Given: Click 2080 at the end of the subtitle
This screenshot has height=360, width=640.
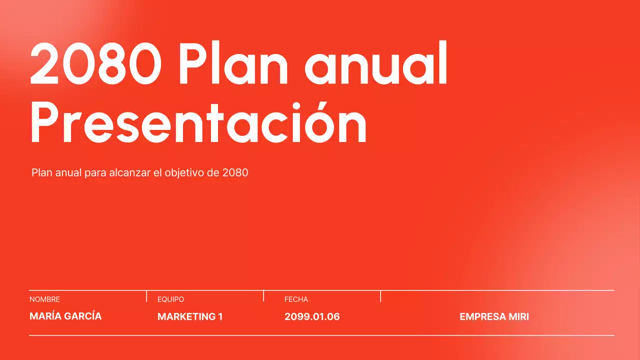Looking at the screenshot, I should click(235, 173).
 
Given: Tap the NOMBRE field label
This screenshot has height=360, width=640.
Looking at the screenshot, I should click(44, 299).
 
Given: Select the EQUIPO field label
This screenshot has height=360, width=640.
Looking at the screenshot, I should click(170, 299).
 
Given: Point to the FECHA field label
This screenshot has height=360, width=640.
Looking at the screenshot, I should click(296, 299).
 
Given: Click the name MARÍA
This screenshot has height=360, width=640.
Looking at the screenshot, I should click(44, 316).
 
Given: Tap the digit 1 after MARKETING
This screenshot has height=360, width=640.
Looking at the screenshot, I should click(220, 316).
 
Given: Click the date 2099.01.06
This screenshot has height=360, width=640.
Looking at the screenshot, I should click(312, 316).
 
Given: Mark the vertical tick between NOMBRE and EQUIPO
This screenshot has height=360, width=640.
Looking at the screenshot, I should click(146, 296).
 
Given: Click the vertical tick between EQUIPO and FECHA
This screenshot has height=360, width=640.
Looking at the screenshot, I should click(263, 296).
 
